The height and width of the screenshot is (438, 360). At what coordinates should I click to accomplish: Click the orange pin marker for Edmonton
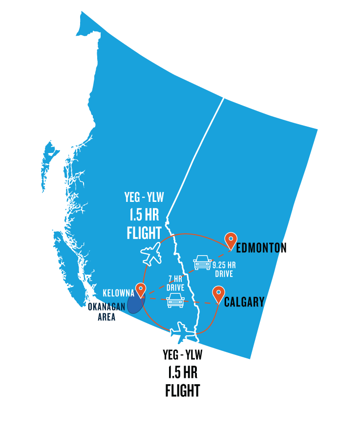[231, 240]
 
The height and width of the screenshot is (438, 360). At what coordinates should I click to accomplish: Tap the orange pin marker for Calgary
[218, 294]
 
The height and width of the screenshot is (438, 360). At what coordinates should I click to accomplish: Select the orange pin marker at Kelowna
[141, 289]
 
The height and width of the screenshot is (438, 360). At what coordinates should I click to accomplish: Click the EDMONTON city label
[259, 248]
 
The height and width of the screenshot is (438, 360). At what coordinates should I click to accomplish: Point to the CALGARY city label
[244, 302]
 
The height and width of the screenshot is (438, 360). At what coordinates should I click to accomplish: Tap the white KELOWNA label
[118, 294]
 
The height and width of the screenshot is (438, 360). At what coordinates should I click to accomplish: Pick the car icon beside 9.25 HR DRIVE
[202, 262]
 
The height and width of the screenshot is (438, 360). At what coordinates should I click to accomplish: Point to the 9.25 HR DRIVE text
[224, 269]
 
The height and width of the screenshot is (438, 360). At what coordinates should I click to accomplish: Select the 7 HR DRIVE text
[175, 283]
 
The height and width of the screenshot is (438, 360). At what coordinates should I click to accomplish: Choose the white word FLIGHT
[144, 233]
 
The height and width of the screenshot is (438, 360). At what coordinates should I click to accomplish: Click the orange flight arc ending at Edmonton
[195, 235]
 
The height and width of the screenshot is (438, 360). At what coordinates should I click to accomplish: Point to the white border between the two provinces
[195, 156]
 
